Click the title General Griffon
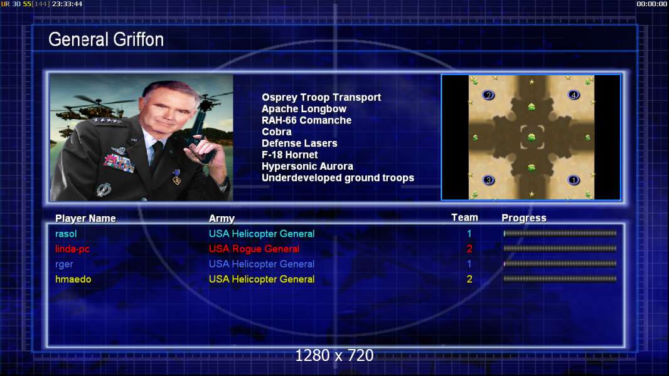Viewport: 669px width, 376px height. pos(106,39)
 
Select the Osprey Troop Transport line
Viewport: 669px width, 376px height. pos(321,98)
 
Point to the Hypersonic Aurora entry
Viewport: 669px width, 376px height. pos(307,167)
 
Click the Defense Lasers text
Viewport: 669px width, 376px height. pos(299,144)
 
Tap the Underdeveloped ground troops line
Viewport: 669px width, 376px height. pos(338,178)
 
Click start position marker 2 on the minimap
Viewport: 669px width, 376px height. pos(488,95)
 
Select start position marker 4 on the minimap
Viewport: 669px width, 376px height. pos(574,95)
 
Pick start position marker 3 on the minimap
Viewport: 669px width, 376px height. pos(488,180)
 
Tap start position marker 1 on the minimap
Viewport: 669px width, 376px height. pos(574,180)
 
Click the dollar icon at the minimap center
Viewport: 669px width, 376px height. pos(531,137)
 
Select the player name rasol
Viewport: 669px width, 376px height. pos(66,234)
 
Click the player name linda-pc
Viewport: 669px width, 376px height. pos(73,249)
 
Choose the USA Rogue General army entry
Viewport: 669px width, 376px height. pos(254,249)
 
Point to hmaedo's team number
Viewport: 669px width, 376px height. pos(469,279)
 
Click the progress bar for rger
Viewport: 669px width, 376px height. pos(560,264)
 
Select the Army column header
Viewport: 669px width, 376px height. pos(222,219)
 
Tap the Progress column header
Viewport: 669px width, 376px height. pos(524,218)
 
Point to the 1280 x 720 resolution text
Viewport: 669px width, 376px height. pos(334,355)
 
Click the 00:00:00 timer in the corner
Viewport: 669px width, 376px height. pos(652,4)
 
